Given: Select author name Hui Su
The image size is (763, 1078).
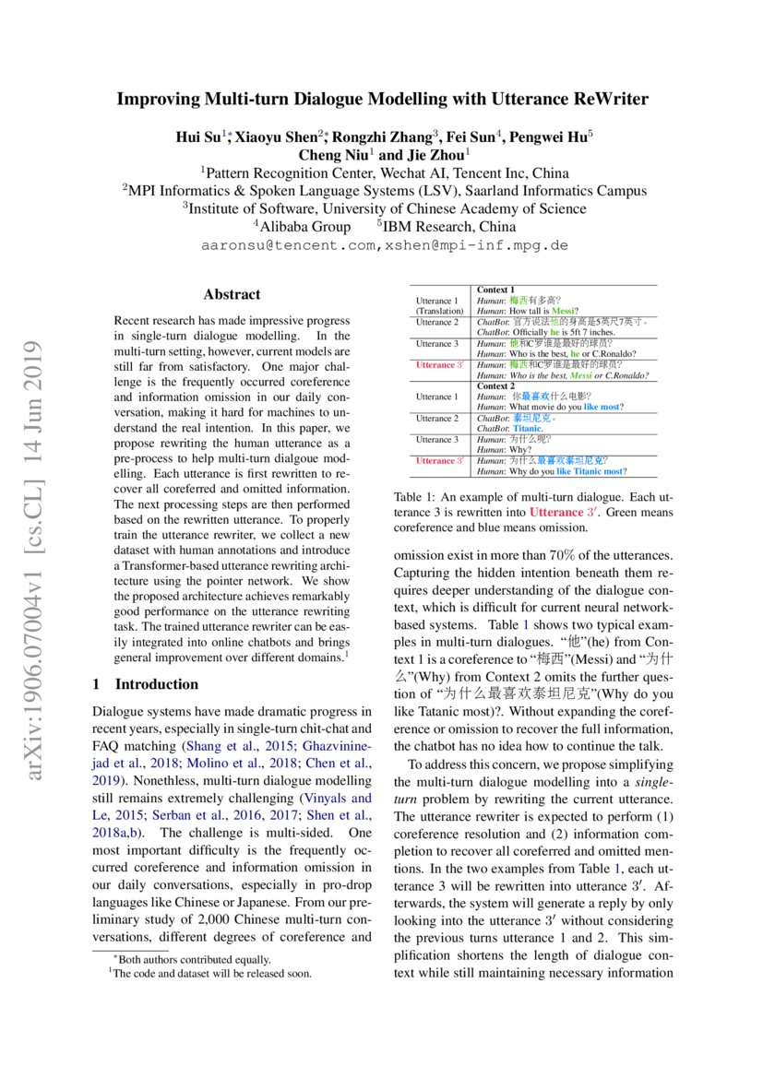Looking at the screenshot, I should [197, 137].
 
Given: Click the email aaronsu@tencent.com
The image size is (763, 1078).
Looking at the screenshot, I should [290, 246].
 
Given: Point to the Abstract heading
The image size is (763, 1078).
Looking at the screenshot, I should [232, 295].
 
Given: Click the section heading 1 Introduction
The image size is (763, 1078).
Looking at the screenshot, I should [146, 684].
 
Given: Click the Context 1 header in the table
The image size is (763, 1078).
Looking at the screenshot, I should [495, 290].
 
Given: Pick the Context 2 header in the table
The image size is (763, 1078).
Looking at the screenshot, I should [495, 385].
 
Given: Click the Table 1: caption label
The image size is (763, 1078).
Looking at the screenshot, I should [417, 497].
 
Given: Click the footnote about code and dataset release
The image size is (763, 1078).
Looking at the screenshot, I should [211, 972].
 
